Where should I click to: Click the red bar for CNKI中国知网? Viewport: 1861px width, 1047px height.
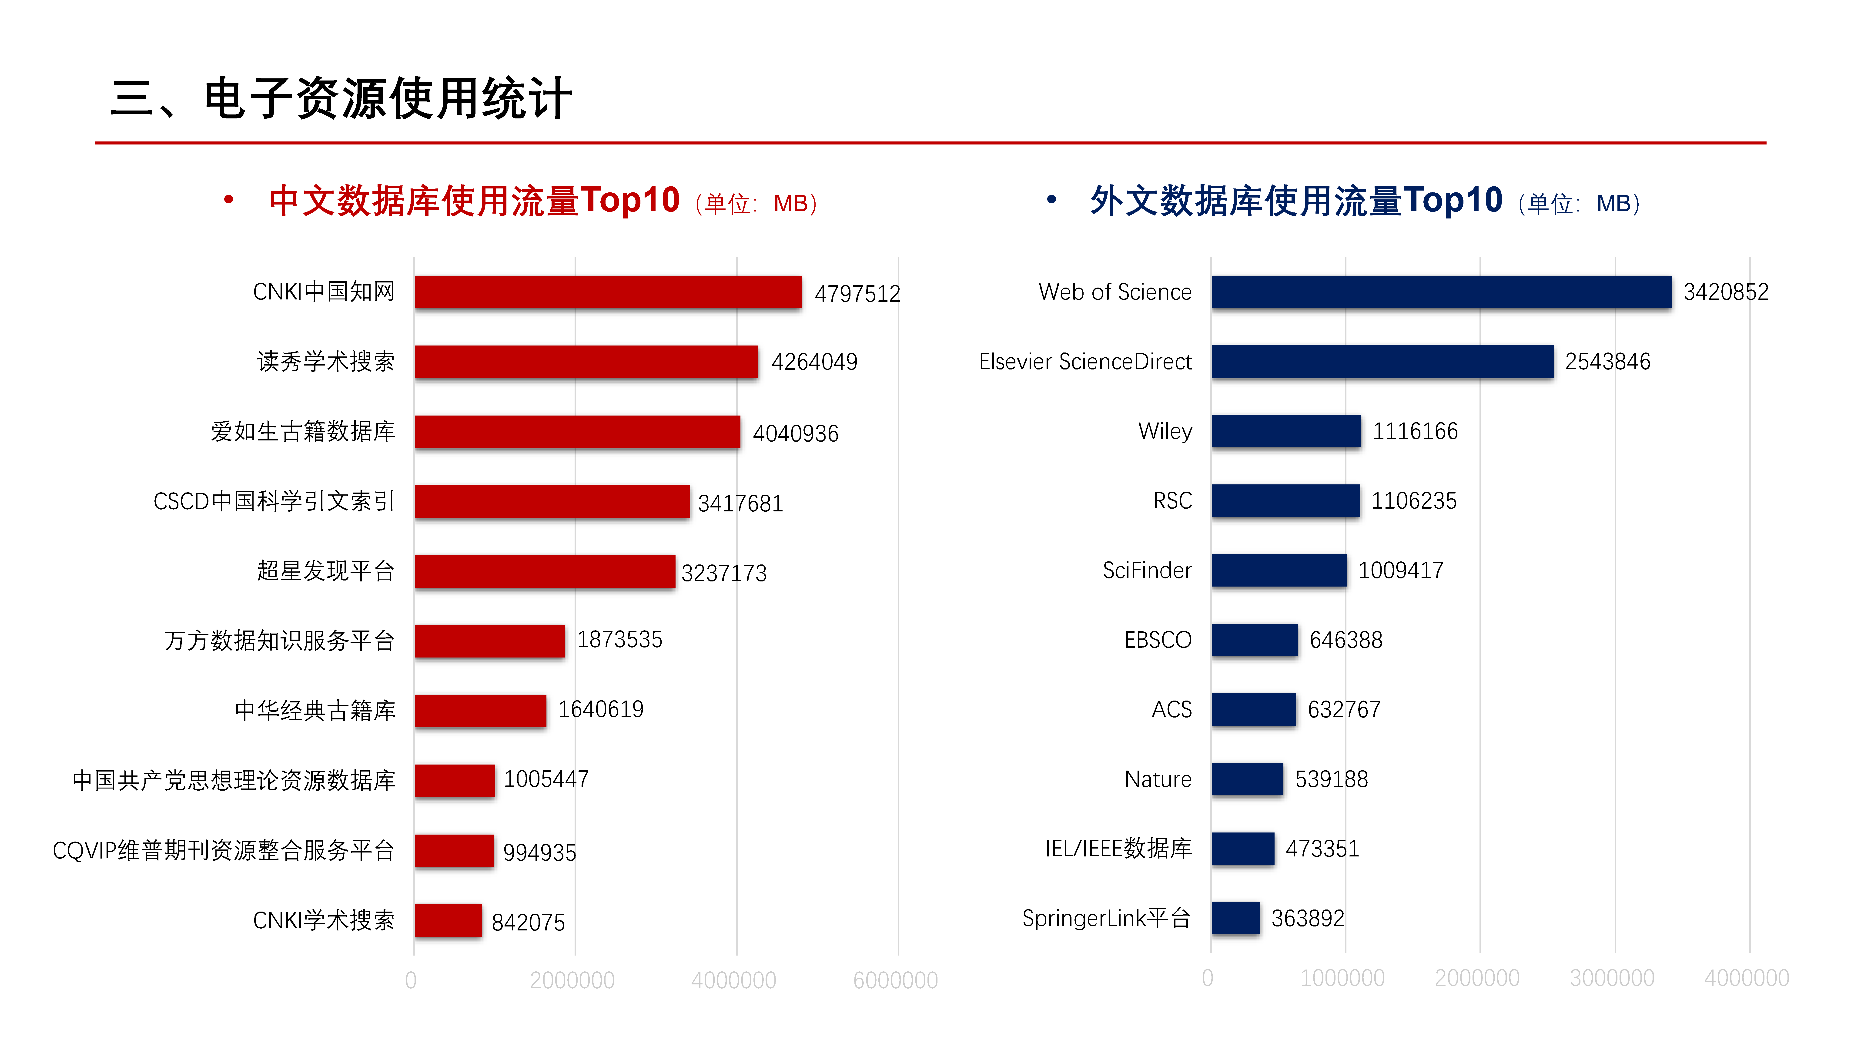pos(608,292)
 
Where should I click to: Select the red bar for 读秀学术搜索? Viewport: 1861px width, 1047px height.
pos(586,361)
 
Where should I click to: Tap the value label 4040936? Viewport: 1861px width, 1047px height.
pos(795,433)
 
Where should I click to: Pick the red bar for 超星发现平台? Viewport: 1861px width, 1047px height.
pos(545,571)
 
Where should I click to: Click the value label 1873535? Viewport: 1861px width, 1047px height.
pos(619,639)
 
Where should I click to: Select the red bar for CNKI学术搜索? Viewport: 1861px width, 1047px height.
pos(448,921)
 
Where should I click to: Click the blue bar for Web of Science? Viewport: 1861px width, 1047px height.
pos(1441,292)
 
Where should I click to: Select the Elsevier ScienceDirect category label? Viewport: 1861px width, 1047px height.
pos(1085,361)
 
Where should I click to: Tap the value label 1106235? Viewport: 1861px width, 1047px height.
pos(1414,501)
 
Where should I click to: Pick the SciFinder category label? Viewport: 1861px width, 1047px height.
pos(1147,570)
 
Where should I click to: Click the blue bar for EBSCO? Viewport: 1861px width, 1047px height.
pos(1254,639)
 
